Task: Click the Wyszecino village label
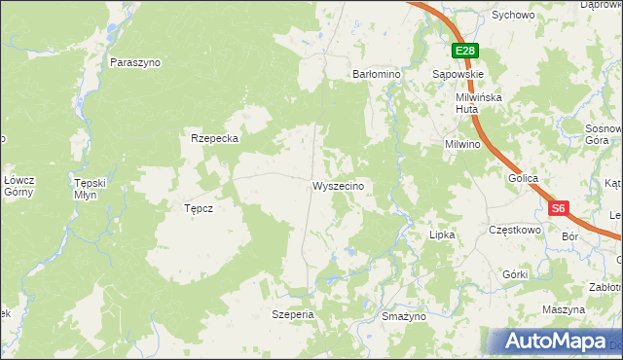pos(338,186)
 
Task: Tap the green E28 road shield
pos(464,52)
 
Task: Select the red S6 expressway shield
pos(558,208)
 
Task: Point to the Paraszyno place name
pos(135,62)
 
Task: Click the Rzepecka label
pos(215,138)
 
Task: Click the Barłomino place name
pos(376,74)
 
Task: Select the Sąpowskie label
pos(458,74)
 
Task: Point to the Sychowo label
pos(513,16)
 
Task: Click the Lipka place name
pos(442,234)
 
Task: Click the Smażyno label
pos(403,317)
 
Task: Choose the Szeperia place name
pos(292,314)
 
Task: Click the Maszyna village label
pos(565,309)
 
